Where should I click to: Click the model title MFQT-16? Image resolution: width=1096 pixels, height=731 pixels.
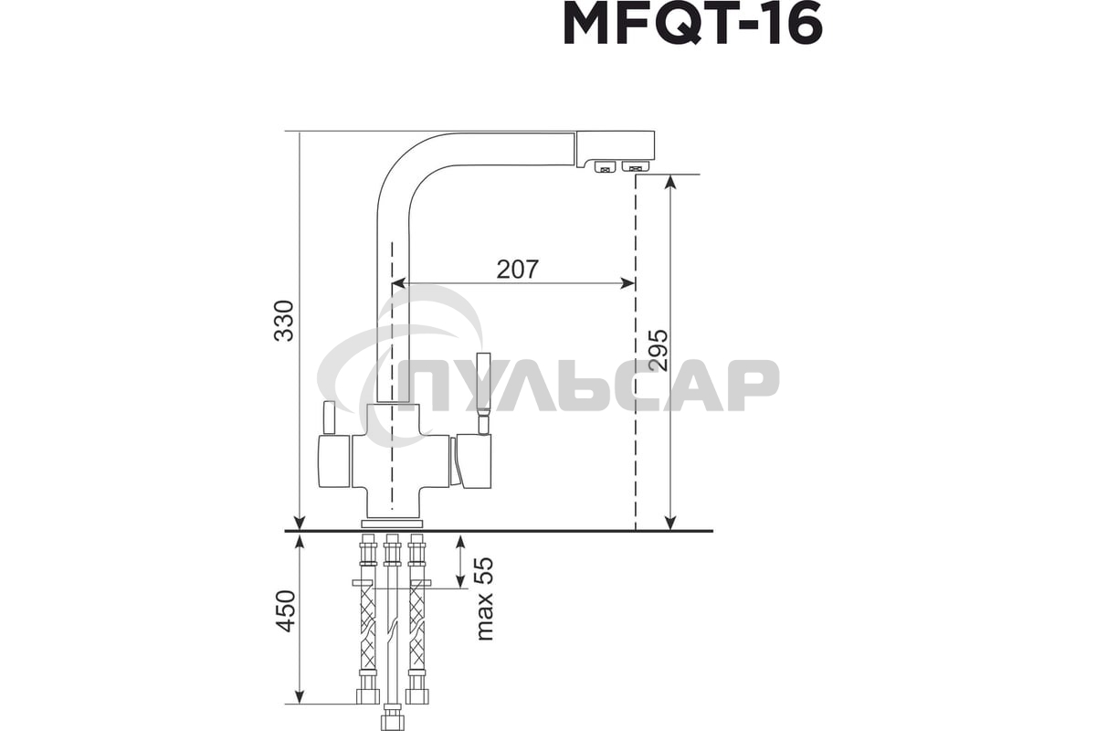(x=692, y=25)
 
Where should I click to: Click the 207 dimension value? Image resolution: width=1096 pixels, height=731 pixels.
(x=518, y=269)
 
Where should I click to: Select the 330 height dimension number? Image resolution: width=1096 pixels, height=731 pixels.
(x=285, y=320)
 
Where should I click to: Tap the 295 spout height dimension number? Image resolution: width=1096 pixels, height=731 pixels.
(x=658, y=349)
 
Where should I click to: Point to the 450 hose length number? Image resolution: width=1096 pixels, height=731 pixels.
(x=285, y=611)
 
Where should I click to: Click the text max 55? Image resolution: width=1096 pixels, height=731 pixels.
(x=484, y=598)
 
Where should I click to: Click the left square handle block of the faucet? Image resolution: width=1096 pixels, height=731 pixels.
(x=334, y=462)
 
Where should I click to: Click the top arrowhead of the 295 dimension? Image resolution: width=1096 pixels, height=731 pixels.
(x=669, y=181)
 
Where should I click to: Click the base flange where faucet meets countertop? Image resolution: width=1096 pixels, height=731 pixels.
(x=393, y=524)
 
